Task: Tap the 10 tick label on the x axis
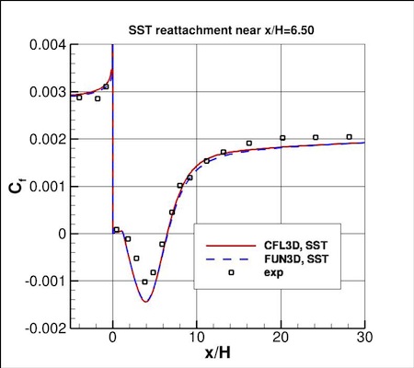tap(196, 338)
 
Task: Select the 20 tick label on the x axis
tap(281, 338)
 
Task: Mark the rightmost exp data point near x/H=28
tap(349, 137)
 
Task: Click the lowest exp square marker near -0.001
tap(144, 282)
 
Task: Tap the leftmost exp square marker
tap(79, 97)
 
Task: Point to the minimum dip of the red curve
tap(145, 302)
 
